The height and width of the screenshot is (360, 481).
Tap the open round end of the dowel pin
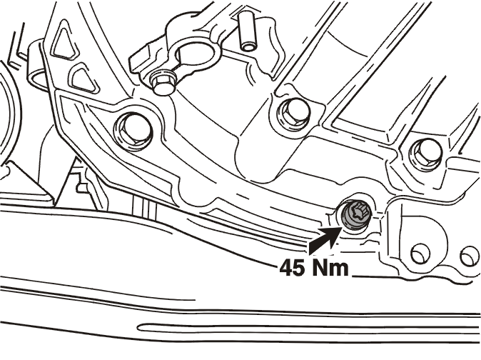click(247, 46)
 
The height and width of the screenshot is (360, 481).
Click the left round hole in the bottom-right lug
click(420, 253)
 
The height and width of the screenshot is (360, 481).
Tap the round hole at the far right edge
click(470, 256)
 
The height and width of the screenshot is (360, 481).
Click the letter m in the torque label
click(340, 270)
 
